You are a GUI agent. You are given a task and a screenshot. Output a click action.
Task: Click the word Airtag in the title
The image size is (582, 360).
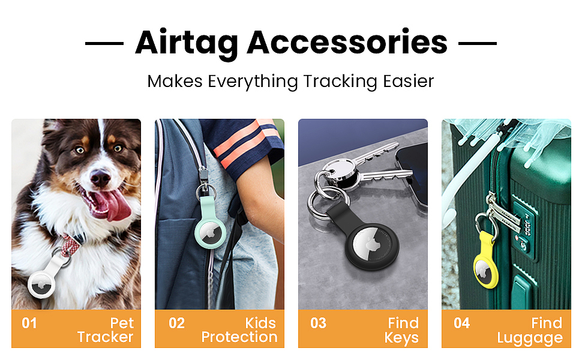pos(187,44)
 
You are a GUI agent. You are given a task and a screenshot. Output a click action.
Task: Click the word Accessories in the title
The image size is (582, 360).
pos(347,43)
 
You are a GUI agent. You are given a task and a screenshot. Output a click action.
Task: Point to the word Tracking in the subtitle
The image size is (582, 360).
pos(340,82)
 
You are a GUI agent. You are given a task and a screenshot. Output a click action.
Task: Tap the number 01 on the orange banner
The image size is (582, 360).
pos(29,323)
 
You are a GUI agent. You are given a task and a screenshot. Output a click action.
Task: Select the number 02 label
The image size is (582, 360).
pos(176,323)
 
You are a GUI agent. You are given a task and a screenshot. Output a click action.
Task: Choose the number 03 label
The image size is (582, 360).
pos(319,323)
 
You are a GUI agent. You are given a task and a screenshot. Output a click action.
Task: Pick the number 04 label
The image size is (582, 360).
pos(462,323)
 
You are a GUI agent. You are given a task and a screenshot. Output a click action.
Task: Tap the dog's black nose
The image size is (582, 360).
pos(100,178)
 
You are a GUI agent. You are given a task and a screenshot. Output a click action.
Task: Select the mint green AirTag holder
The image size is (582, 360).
pos(210,226)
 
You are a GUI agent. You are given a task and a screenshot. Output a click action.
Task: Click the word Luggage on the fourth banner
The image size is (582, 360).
pos(530,338)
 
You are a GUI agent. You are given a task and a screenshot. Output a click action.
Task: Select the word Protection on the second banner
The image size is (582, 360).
pos(239,337)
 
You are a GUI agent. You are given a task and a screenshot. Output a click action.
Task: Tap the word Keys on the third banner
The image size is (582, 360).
pos(401,338)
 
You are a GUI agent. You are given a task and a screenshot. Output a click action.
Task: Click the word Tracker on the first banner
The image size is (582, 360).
pos(105,337)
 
